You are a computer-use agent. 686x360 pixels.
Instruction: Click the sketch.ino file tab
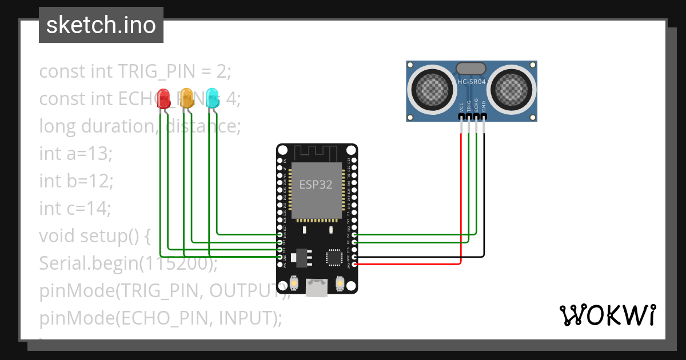pyautogui.click(x=101, y=25)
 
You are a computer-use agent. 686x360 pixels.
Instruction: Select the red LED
pyautogui.click(x=163, y=98)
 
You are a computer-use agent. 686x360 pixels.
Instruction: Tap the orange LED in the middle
pyautogui.click(x=187, y=98)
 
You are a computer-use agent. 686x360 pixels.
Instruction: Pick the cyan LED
pyautogui.click(x=212, y=98)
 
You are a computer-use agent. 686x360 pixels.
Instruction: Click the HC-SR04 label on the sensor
pyautogui.click(x=472, y=82)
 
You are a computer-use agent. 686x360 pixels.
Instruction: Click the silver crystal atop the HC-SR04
pyautogui.click(x=471, y=69)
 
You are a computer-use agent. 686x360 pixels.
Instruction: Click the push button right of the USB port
pyautogui.click(x=340, y=283)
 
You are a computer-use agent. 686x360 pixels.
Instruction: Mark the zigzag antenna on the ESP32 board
pyautogui.click(x=316, y=153)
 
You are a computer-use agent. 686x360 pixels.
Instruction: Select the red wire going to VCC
pyautogui.click(x=461, y=200)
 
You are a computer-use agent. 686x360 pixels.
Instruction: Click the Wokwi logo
pyautogui.click(x=607, y=315)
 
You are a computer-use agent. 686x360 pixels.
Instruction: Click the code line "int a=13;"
pyautogui.click(x=76, y=154)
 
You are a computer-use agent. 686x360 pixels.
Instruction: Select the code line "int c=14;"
pyautogui.click(x=75, y=209)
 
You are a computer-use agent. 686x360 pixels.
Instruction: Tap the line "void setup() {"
pyautogui.click(x=94, y=235)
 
